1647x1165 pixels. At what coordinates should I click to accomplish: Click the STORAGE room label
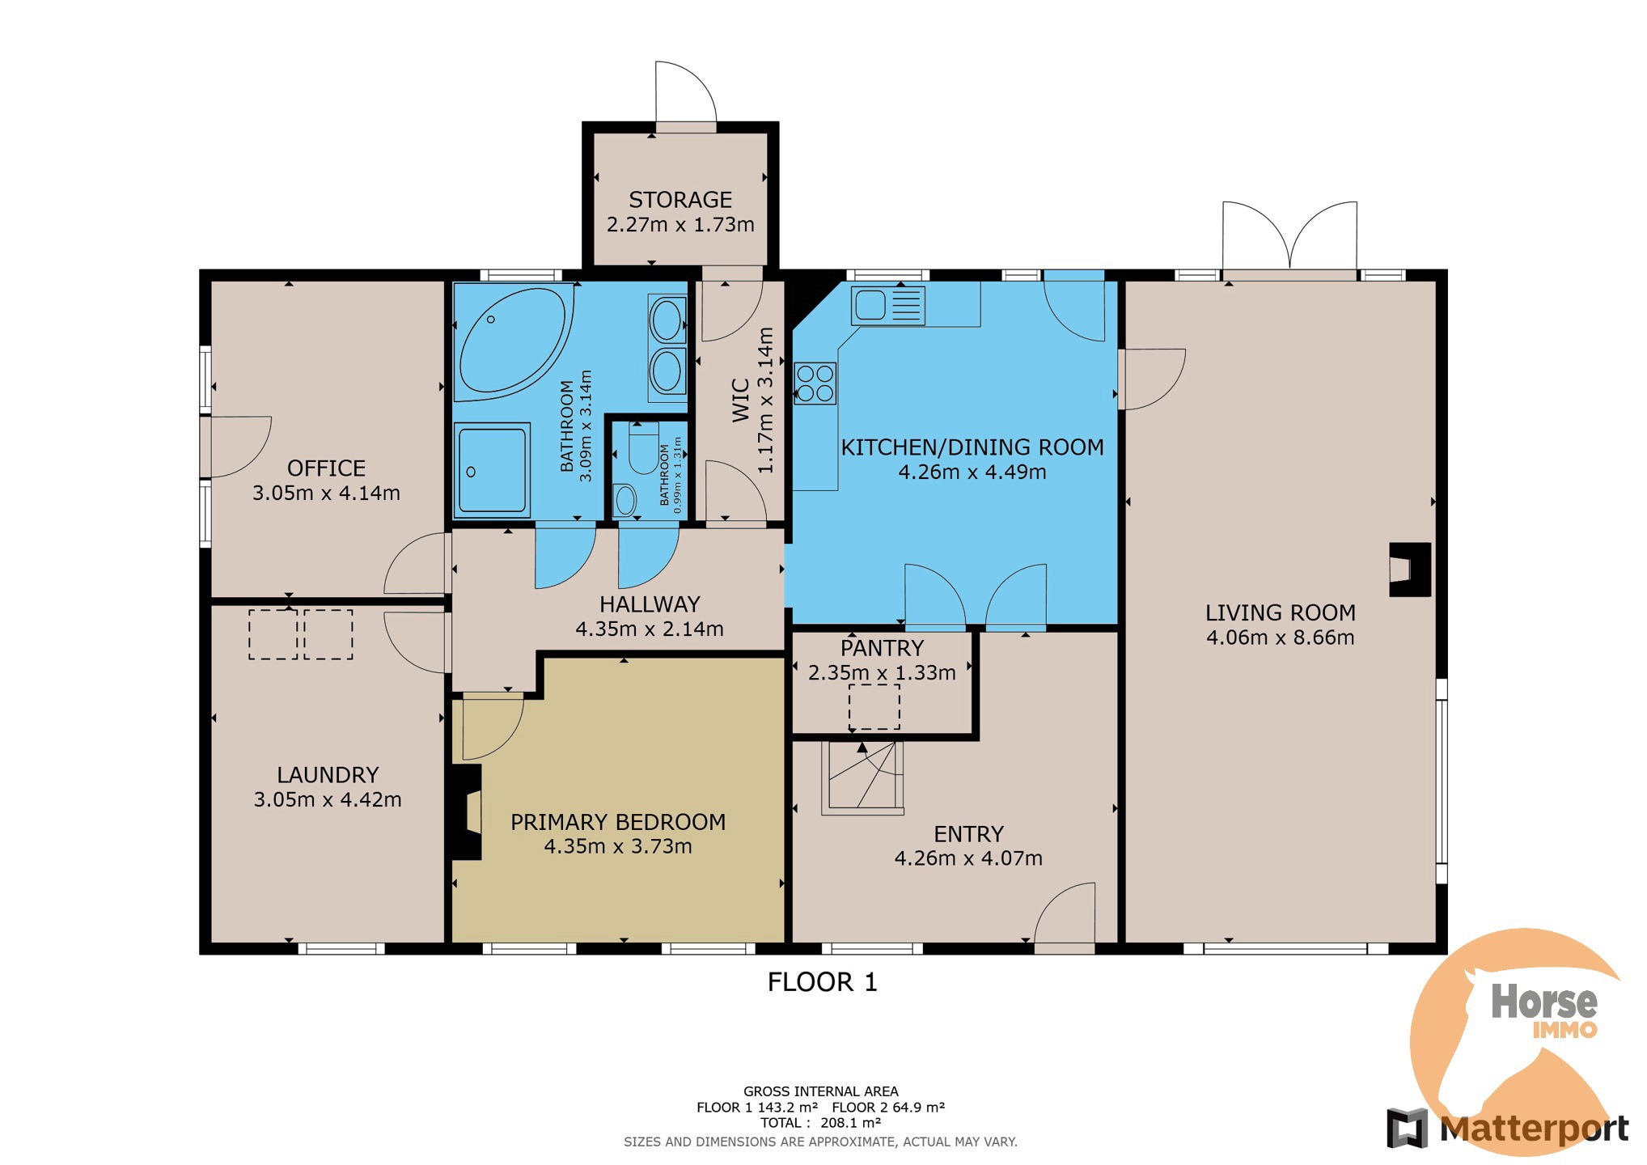[x=680, y=200]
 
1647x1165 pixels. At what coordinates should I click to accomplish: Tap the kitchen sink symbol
[x=887, y=306]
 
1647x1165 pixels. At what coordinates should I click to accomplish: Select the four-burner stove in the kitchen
[x=815, y=383]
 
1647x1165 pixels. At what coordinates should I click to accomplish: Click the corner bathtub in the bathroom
[x=514, y=342]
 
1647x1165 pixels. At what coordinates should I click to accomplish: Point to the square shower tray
[x=492, y=469]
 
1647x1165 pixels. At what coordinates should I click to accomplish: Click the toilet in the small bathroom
[x=644, y=447]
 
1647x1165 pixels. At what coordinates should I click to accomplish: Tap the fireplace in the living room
[x=1410, y=570]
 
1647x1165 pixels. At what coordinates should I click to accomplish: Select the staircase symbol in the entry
[x=862, y=777]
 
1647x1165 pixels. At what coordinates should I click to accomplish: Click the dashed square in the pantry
[x=874, y=706]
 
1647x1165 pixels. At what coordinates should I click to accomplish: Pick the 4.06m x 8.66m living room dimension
[x=1280, y=638]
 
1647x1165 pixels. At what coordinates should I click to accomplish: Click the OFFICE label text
[x=326, y=468]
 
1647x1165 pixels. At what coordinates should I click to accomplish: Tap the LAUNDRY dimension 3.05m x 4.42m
[x=328, y=799]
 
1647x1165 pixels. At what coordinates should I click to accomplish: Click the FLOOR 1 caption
[x=822, y=982]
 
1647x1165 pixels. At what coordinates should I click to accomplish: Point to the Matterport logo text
[x=1534, y=1129]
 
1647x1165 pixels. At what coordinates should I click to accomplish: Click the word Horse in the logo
[x=1544, y=1002]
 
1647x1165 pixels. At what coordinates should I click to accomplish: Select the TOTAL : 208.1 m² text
[x=820, y=1123]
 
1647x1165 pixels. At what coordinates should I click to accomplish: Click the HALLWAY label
[x=650, y=604]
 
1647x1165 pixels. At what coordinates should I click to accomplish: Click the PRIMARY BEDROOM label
[x=618, y=822]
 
